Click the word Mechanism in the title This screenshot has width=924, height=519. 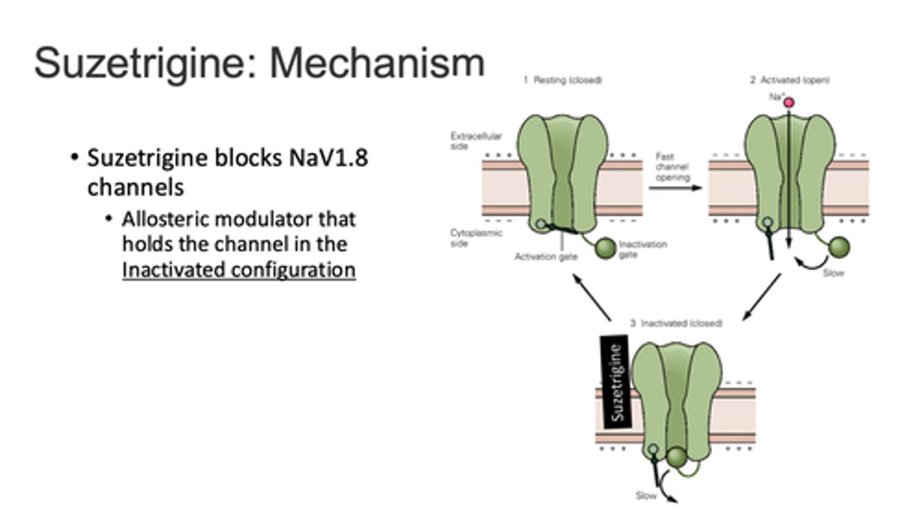coord(377,63)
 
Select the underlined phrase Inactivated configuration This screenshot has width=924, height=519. coord(239,270)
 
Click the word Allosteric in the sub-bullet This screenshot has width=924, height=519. coord(165,219)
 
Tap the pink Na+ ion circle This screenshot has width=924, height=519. coord(789,102)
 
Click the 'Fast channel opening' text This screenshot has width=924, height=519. coord(672,167)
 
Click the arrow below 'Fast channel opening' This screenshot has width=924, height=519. coord(674,188)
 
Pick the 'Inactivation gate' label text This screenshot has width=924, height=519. coord(643,249)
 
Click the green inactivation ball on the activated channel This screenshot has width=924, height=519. coord(839,247)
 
